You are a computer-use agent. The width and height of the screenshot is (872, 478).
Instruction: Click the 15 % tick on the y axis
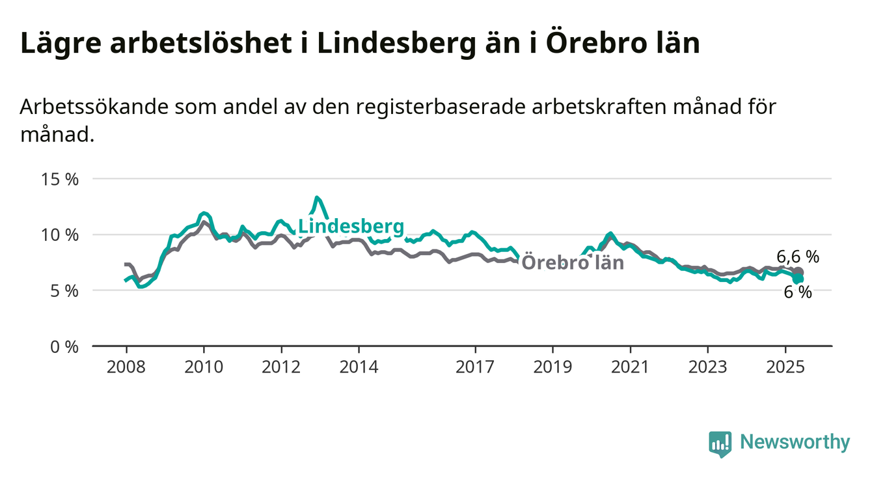[x=60, y=180]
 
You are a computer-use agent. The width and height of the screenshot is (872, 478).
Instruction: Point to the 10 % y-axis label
[x=60, y=235]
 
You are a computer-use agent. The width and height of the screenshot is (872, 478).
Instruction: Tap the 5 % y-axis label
[x=64, y=291]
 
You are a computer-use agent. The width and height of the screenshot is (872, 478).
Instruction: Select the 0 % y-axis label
[x=64, y=346]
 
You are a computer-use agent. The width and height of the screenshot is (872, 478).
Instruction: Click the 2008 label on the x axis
[x=126, y=367]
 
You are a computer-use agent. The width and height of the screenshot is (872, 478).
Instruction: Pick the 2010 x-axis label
[x=204, y=367]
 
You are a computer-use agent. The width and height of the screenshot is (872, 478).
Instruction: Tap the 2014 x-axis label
[x=359, y=367]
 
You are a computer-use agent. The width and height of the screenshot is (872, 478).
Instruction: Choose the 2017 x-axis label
[x=475, y=367]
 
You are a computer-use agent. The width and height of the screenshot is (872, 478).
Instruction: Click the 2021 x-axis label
[x=631, y=367]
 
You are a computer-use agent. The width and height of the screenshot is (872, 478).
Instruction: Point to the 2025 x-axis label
[x=785, y=367]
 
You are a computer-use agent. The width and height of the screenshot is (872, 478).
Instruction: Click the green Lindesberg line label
[x=351, y=227]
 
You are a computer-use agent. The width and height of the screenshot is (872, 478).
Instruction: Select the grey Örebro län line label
[x=573, y=262]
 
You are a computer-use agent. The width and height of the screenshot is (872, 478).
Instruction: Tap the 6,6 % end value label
[x=798, y=257]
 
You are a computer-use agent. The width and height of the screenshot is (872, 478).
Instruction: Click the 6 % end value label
[x=798, y=292]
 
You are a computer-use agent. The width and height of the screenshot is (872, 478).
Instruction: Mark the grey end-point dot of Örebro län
[x=798, y=272]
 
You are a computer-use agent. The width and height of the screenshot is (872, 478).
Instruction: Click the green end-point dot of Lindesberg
[x=798, y=279]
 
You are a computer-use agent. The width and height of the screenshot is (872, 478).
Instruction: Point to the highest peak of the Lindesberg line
[x=317, y=197]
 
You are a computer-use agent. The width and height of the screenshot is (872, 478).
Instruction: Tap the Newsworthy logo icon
[x=720, y=444]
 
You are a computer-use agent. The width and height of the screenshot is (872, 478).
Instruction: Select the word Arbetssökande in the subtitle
[x=94, y=107]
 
